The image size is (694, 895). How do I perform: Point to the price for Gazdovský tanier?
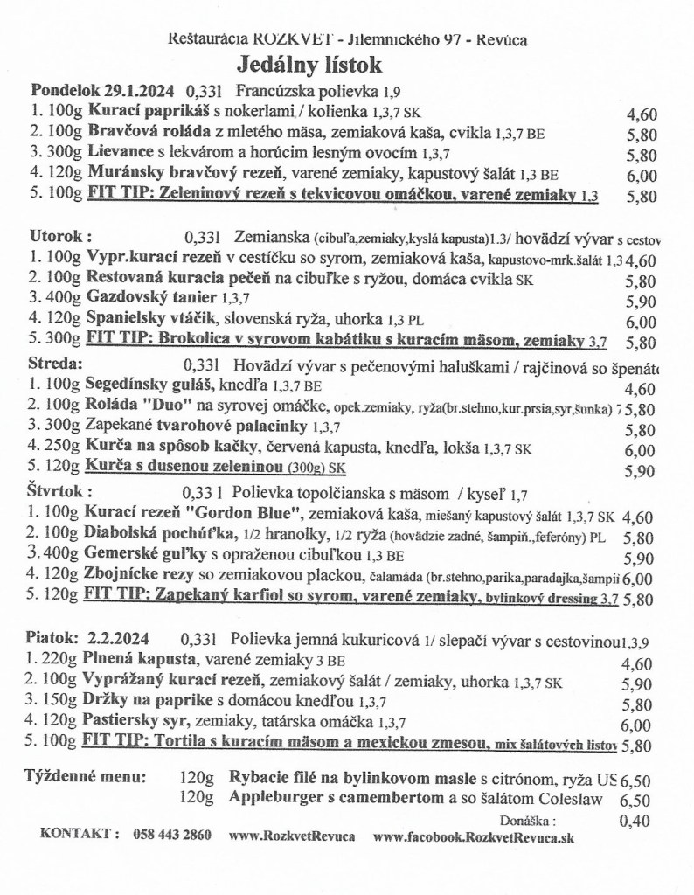[642, 302]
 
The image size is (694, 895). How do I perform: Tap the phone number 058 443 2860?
[172, 835]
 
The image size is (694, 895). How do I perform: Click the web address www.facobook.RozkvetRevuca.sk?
[473, 836]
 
